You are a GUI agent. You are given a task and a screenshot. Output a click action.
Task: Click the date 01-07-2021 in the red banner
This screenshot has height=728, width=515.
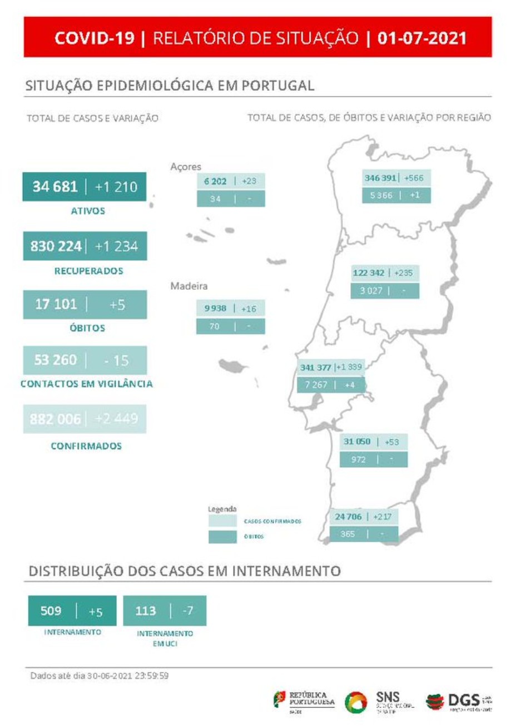point(422,38)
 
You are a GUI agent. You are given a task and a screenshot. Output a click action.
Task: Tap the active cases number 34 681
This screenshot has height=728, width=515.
point(55,186)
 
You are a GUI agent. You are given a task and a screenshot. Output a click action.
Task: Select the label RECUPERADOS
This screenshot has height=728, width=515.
point(88,271)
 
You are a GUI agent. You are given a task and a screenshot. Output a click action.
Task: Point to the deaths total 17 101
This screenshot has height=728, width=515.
point(56,304)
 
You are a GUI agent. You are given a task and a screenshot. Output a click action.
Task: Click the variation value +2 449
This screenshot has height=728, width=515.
point(116,419)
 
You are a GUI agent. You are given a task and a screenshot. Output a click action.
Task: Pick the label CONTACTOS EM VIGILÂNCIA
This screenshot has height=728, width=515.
point(86,384)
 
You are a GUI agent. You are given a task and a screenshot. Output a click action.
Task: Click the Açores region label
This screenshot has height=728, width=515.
point(186,166)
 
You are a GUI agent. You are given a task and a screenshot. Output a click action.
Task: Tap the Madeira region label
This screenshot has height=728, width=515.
point(189,286)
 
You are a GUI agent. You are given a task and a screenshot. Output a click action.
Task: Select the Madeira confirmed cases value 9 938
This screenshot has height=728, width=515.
point(215,308)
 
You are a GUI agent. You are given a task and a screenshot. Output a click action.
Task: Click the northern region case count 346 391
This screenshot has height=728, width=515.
point(380,178)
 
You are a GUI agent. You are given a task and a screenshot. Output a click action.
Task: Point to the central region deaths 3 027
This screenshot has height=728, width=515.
point(371,291)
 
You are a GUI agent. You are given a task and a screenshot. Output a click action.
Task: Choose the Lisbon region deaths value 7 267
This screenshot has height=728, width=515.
point(316,384)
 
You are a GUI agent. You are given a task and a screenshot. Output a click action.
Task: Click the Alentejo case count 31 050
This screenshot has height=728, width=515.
point(356,442)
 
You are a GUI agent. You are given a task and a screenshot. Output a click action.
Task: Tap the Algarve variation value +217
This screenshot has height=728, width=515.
point(382,517)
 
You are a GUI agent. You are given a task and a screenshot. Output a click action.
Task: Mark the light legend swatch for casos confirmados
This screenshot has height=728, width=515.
point(222,521)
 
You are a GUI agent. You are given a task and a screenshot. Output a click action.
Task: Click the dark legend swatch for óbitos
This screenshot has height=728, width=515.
point(222,537)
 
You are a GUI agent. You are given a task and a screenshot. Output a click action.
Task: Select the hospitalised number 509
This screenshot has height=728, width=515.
point(51,611)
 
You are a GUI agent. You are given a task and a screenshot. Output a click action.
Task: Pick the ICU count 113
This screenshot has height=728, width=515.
point(146,611)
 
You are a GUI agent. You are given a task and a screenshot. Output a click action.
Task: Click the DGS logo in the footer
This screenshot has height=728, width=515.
point(458,702)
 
